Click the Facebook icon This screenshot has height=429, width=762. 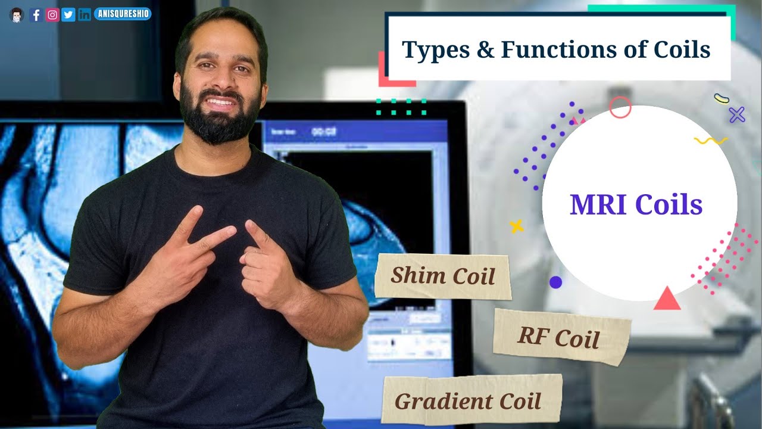(36, 15)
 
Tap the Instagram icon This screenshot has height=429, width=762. (52, 15)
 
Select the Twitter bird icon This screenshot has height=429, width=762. (68, 15)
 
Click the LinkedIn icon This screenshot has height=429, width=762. (85, 15)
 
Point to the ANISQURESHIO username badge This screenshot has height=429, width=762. (123, 14)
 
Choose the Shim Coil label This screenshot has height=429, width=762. (443, 276)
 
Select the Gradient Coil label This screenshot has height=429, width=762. (469, 400)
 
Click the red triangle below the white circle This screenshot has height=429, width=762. (667, 299)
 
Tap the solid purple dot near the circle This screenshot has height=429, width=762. (555, 282)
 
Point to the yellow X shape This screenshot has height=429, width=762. (516, 226)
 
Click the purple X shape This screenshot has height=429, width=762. (737, 114)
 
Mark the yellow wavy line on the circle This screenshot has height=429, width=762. (710, 141)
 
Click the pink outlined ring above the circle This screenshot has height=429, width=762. (620, 107)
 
